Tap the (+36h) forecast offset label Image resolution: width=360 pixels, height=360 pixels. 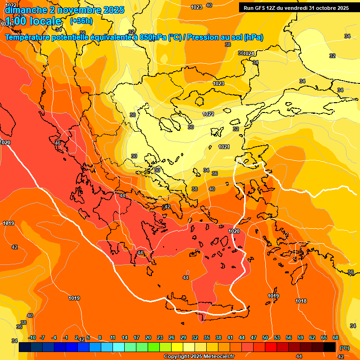coord(81,21)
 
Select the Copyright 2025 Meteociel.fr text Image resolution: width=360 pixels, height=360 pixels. coord(199,356)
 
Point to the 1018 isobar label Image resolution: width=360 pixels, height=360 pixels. coord(301,301)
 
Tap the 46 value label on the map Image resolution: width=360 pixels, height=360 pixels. coord(58,143)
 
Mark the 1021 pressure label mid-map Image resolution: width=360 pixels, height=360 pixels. coord(224,147)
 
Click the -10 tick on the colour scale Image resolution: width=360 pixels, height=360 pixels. coord(32,337)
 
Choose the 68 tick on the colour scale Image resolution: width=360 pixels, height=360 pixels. coord(336,337)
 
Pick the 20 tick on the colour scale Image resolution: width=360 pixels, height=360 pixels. coord(148,337)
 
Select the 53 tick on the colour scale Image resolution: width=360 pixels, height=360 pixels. coord(277,337)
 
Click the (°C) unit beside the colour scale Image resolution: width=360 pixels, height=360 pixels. coord(344,348)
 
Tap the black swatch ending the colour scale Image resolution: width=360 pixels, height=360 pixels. coord(330,347)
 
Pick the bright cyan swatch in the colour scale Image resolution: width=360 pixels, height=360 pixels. coord(119,347)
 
